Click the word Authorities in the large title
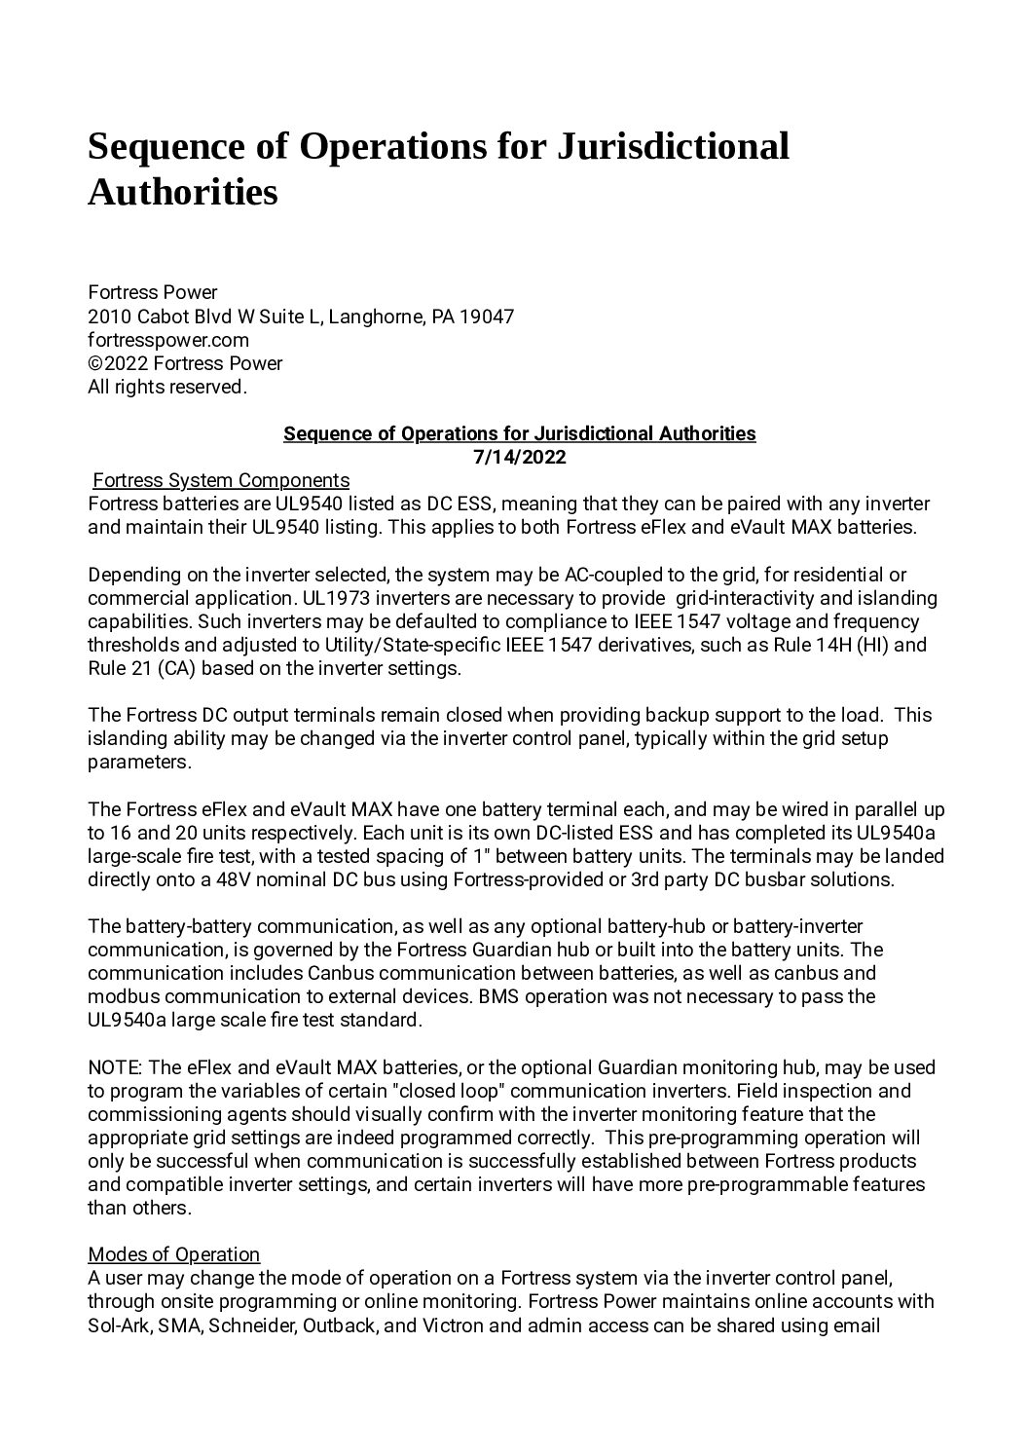183,192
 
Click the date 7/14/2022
519,457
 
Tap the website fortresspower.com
168,340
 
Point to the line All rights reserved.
167,387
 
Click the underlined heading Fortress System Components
220,480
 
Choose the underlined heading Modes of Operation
174,1254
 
